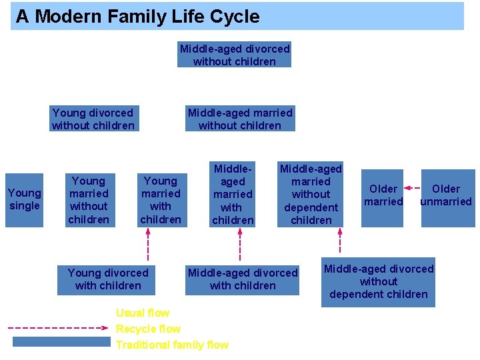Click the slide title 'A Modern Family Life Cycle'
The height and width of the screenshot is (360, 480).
pos(137,17)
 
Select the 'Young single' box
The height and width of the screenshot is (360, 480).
pos(25,199)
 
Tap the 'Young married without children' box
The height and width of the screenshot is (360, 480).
pos(89,199)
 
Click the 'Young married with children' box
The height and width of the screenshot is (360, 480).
pos(161,199)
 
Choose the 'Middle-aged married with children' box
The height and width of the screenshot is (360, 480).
pos(233,194)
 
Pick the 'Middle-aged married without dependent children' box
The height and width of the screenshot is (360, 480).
pos(311,194)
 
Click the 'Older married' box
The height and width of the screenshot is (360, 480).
pos(383,195)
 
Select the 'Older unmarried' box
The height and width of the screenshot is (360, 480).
pos(446,195)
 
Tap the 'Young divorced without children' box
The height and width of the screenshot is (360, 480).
pos(93,119)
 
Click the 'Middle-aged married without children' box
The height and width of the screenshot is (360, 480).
pos(240,119)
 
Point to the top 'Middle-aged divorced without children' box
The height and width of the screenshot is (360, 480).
pos(235,55)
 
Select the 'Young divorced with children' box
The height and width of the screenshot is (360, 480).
pos(108,279)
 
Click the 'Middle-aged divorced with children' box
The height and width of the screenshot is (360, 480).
pos(243,279)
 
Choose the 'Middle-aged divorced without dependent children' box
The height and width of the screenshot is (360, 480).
pos(378,281)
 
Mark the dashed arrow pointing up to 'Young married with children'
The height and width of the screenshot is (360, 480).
pos(148,245)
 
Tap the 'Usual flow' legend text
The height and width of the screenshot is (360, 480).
pos(143,313)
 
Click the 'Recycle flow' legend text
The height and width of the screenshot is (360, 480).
pos(148,329)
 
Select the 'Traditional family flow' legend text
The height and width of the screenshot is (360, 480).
pos(172,345)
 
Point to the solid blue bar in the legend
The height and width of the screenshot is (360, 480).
pos(61,342)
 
